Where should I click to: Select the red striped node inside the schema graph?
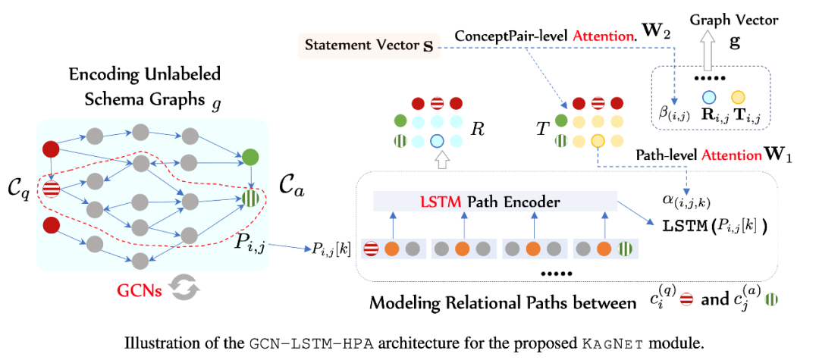coord(52,189)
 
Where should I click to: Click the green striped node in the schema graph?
coord(251,199)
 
